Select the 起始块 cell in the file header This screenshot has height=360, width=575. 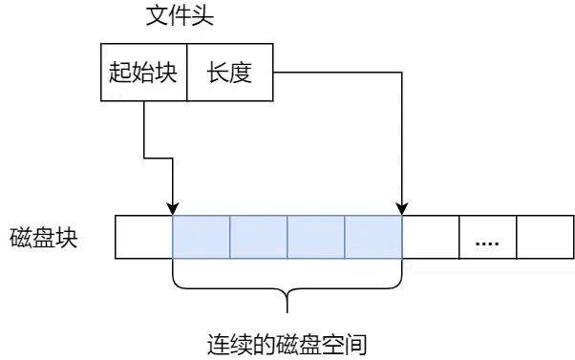[x=143, y=72]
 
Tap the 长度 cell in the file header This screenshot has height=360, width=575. [x=229, y=72]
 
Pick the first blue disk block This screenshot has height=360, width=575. [x=202, y=237]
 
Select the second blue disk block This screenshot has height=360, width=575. [x=259, y=237]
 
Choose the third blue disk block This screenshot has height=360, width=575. [x=316, y=237]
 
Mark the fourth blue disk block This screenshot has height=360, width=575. [x=373, y=237]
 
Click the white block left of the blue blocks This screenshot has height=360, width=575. [x=143, y=237]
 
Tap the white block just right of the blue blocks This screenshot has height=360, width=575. [x=431, y=237]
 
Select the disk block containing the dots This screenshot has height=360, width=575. [x=488, y=237]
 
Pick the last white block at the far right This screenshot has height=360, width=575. [x=545, y=237]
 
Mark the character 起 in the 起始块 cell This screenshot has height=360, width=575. [x=120, y=72]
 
